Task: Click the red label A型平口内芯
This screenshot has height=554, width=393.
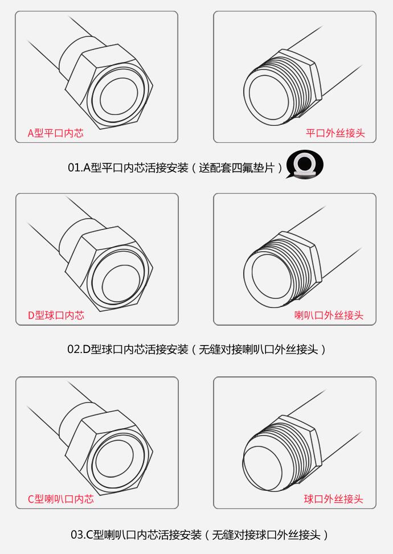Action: pyautogui.click(x=55, y=133)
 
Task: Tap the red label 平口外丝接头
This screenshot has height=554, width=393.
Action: pyautogui.click(x=335, y=133)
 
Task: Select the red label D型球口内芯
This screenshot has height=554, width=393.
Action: pyautogui.click(x=56, y=315)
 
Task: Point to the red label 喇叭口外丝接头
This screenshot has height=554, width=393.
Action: pyautogui.click(x=329, y=315)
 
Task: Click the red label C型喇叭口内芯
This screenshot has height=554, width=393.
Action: pyautogui.click(x=61, y=499)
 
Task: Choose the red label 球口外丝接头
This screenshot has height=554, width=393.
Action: pyautogui.click(x=333, y=499)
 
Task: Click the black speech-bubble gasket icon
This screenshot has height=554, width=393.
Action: pyautogui.click(x=304, y=165)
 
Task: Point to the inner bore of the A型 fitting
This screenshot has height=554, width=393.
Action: pyautogui.click(x=118, y=96)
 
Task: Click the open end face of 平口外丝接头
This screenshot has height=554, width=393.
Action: pyautogui.click(x=269, y=93)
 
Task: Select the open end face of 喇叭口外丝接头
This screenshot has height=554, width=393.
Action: pyautogui.click(x=269, y=276)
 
